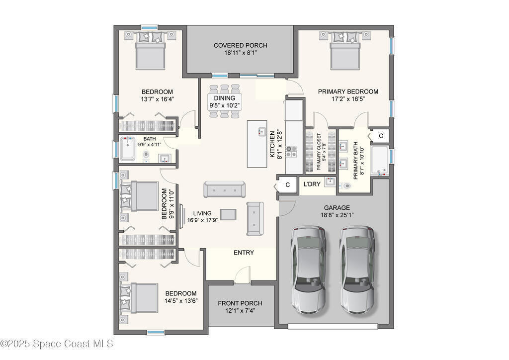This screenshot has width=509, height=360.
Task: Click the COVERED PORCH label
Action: pos(240,45)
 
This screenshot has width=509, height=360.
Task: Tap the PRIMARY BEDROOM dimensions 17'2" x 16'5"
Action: pos(348,99)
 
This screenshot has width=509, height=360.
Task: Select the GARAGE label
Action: pos(337,208)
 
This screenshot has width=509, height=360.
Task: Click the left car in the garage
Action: pos(308,270)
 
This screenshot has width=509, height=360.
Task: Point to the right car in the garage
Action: pos(357,270)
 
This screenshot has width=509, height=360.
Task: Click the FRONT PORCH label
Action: pos(240,303)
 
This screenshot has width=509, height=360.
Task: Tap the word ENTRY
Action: pos(244,253)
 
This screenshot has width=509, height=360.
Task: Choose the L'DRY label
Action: pos(312,184)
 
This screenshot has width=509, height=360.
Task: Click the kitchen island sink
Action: pos(261,132)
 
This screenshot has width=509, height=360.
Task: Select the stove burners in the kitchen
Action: pos(291,152)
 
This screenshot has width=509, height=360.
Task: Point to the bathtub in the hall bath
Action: pos(128,149)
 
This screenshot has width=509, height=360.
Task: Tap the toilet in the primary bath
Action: pos(346,186)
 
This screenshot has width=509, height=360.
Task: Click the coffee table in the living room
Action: pos(228,215)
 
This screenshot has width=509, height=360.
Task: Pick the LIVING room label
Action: pos(202,213)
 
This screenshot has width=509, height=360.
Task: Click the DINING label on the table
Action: pos(224,98)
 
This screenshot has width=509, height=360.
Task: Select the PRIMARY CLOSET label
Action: pos(319,151)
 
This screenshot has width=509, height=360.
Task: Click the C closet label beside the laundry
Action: pos(288,184)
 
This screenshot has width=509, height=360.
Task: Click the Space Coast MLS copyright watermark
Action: pos(57,344)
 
